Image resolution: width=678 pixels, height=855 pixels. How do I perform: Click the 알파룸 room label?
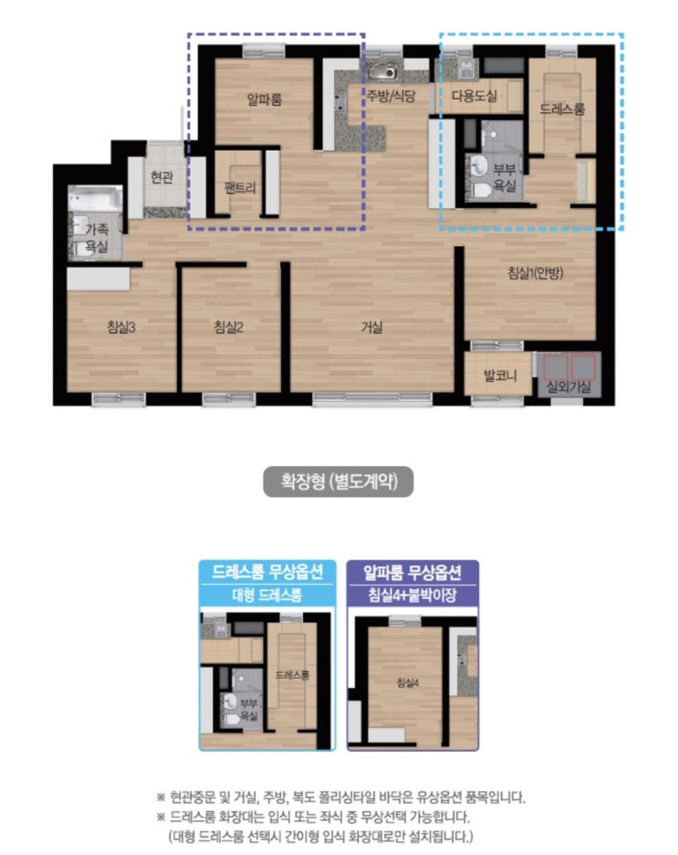coord(264,100)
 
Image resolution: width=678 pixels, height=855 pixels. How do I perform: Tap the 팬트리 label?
coord(240,187)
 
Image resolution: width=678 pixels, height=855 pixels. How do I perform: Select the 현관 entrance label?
coord(162,177)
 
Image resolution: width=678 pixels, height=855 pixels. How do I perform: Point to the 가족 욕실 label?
coord(97,238)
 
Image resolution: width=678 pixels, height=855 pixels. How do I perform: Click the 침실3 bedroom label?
coord(120,327)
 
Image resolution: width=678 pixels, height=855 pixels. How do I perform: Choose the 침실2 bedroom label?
coord(228,327)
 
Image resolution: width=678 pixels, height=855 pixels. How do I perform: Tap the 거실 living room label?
coord(372,327)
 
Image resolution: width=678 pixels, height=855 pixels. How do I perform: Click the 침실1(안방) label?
coord(536,272)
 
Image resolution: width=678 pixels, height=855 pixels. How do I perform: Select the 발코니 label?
coord(500,375)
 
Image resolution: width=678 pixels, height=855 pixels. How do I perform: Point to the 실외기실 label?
coord(568,386)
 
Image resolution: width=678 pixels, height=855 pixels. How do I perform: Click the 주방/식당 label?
coord(391,96)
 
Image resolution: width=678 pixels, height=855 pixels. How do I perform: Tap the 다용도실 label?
coord(475,96)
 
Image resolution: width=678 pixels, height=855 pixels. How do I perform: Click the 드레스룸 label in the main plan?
coord(562,109)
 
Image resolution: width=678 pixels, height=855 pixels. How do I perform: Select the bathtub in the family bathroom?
coord(95,199)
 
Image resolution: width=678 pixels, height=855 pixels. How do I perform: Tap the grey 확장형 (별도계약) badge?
coord(339,481)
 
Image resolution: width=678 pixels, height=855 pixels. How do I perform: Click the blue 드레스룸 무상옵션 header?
coord(267,572)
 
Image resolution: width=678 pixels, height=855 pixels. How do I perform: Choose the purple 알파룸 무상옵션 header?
coord(412,572)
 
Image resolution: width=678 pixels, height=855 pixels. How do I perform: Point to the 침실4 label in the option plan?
coord(408,682)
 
